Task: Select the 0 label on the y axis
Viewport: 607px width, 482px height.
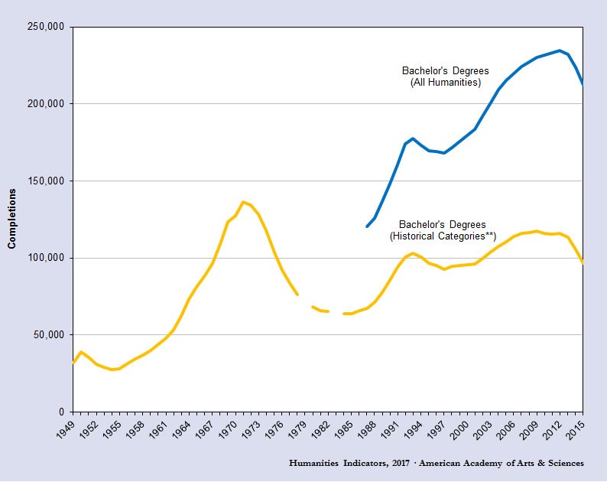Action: click(x=63, y=412)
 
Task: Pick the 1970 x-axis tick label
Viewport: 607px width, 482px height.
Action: click(x=228, y=429)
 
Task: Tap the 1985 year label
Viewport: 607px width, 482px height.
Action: click(x=343, y=429)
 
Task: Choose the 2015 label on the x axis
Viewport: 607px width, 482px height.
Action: click(x=575, y=429)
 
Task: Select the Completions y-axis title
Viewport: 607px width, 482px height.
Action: click(x=11, y=220)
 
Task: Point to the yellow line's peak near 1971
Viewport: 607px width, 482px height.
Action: click(x=243, y=202)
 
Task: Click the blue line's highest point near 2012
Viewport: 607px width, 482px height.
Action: click(x=560, y=50)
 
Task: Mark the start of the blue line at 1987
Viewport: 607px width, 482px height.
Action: click(x=367, y=226)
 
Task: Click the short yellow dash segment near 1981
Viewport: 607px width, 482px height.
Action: click(x=320, y=309)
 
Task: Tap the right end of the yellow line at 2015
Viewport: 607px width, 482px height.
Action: click(x=583, y=262)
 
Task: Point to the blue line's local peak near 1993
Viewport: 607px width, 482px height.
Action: click(x=413, y=138)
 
